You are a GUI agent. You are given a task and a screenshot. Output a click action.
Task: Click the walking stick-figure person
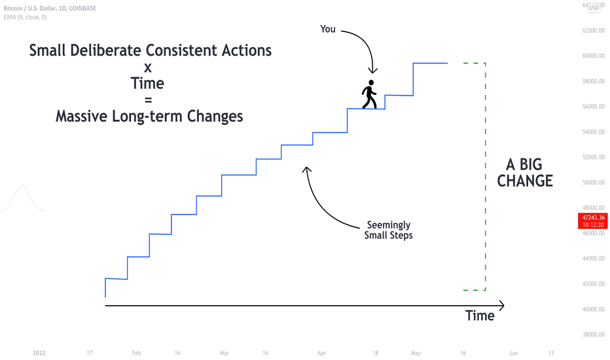(369, 94)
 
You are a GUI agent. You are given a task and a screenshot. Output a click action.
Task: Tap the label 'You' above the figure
(327, 29)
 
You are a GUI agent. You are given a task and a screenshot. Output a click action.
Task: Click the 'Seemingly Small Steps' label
(388, 230)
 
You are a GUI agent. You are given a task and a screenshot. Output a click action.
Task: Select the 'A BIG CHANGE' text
(525, 173)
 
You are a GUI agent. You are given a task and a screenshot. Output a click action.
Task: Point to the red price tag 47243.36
(593, 221)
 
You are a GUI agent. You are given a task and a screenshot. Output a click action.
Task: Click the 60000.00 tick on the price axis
(593, 56)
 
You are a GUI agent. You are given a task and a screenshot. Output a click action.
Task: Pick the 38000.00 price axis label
(593, 334)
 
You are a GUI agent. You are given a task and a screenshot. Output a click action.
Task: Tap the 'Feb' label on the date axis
(136, 353)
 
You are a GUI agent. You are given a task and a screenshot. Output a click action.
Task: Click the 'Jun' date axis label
(514, 353)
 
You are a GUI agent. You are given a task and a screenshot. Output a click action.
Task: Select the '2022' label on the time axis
(39, 353)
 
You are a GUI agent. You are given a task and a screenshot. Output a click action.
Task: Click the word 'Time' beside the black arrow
(480, 315)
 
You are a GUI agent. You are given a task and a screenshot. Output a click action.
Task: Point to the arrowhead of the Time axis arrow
(503, 306)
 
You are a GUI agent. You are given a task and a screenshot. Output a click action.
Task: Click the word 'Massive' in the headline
(81, 117)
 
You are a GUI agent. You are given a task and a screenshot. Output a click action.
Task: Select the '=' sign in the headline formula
(148, 100)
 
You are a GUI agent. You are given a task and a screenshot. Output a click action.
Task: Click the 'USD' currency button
(594, 7)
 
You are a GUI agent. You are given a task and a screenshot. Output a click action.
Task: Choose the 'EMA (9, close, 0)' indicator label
(26, 17)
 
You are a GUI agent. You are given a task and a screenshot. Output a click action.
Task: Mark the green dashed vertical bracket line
(485, 176)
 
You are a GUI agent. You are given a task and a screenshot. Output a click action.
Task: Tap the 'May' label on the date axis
(416, 353)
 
